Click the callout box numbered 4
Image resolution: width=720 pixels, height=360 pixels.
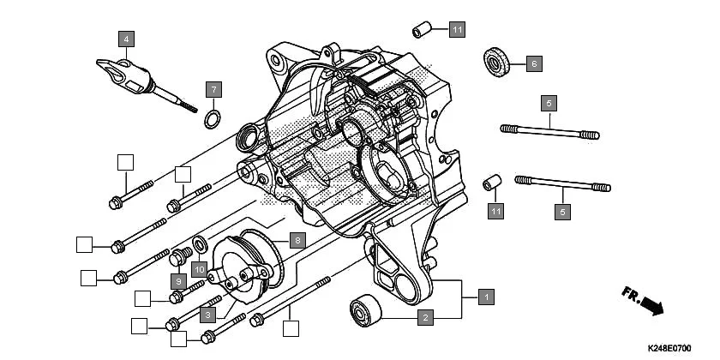click(x=126, y=39)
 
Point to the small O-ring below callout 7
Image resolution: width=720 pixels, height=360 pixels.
click(x=213, y=117)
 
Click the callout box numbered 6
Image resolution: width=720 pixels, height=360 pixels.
click(x=533, y=63)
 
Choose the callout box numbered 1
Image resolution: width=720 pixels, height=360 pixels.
click(x=486, y=297)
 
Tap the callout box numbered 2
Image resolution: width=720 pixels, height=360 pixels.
click(x=424, y=317)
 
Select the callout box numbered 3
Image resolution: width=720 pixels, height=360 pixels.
click(x=207, y=315)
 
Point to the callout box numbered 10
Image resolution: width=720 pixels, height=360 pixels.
click(x=197, y=270)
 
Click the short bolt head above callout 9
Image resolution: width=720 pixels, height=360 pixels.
click(x=180, y=257)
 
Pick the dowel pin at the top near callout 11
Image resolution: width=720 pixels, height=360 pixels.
click(x=421, y=31)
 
